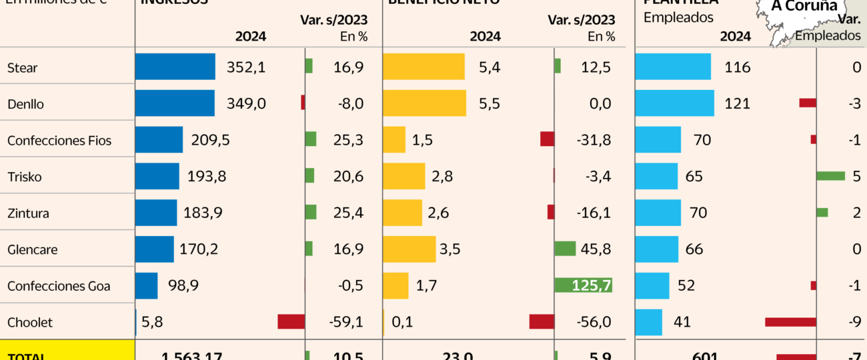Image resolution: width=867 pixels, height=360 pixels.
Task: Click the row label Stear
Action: [22, 67]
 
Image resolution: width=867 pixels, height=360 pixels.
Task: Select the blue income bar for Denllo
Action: [175, 103]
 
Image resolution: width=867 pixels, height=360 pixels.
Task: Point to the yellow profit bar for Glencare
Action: [409, 249]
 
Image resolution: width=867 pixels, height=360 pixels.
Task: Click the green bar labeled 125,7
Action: [583, 285]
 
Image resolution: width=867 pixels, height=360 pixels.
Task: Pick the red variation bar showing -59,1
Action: [291, 322]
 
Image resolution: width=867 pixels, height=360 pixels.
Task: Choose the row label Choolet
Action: [29, 323]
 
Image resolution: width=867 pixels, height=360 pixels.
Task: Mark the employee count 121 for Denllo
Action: [737, 103]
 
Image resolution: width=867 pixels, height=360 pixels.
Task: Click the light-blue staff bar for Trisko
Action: [656, 177]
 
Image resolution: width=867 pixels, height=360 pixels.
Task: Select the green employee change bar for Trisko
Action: [830, 176]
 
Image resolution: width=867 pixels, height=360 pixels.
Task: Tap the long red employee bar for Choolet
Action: [790, 322]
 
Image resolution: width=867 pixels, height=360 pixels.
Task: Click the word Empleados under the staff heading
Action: [678, 18]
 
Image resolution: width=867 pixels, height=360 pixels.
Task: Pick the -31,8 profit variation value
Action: [592, 140]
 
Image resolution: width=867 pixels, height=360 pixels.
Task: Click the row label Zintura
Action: [28, 213]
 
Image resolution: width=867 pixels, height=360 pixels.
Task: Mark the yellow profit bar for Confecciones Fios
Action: [394, 140]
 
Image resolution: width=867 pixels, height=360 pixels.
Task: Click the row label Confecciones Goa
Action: [59, 286]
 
